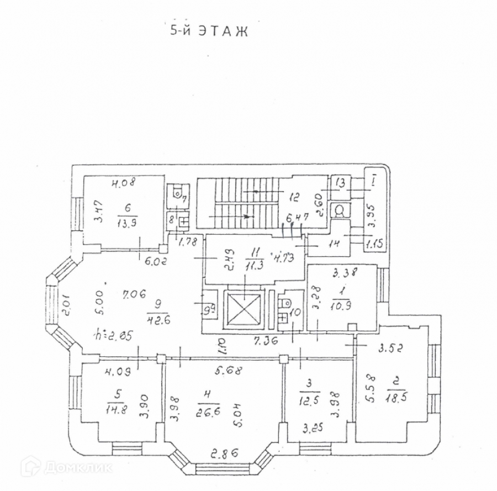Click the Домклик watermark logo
click(66, 467)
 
